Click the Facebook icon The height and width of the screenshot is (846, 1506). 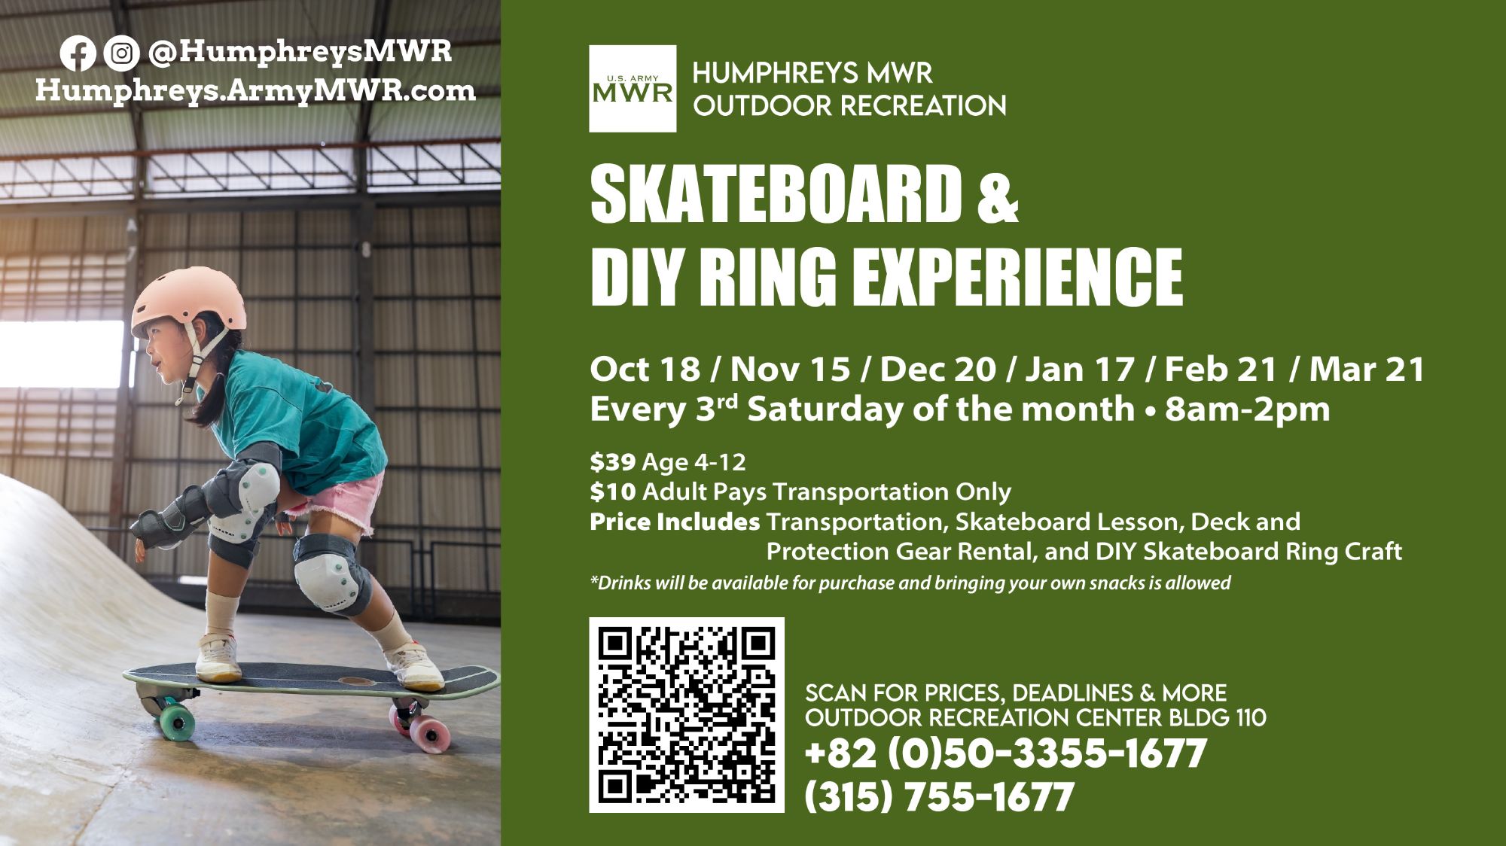(77, 53)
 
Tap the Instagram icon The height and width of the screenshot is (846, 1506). (120, 53)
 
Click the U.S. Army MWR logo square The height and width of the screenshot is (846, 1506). (633, 89)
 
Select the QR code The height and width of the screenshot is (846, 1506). (687, 715)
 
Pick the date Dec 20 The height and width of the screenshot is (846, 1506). (937, 370)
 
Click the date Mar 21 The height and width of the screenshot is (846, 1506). (1367, 370)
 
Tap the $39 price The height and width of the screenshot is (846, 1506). (613, 461)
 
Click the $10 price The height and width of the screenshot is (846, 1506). (613, 491)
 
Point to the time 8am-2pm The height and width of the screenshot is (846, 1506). (1247, 410)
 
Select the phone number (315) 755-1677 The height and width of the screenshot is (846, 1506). (939, 797)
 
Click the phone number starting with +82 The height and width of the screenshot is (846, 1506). (1006, 753)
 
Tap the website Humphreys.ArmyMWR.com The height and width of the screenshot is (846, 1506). (256, 92)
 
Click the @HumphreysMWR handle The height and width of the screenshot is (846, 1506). (300, 53)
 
